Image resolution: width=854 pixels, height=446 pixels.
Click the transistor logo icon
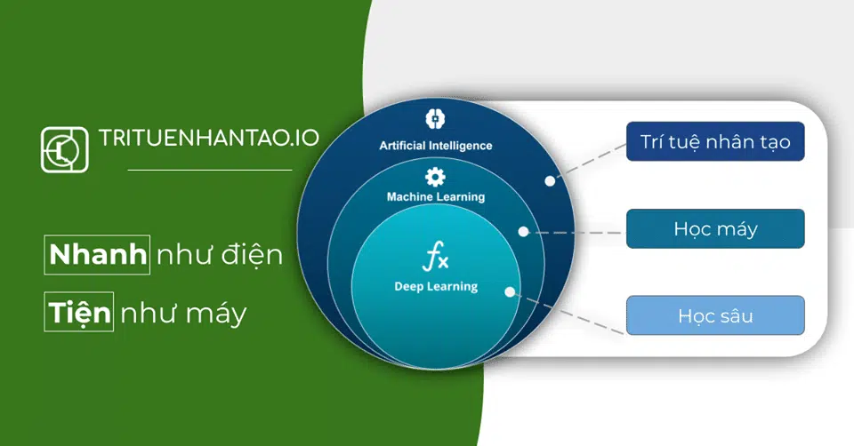coord(64,149)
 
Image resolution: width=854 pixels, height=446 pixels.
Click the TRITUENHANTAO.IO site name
coord(208,138)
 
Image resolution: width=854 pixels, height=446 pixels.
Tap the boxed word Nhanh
coord(97,255)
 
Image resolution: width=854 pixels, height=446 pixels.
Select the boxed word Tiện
coord(79,312)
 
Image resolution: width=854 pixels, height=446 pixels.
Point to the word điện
coord(252,255)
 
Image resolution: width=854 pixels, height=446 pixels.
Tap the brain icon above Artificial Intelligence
coord(435,119)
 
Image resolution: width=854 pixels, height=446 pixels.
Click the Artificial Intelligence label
coord(436,146)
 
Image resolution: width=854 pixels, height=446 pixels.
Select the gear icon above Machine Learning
coord(435,177)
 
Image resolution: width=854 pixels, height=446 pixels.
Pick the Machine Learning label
coord(436,197)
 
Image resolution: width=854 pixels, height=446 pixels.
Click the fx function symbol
coord(435,256)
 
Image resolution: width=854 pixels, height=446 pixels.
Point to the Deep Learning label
coord(436,287)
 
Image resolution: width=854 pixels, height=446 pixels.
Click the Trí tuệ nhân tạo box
coord(715,141)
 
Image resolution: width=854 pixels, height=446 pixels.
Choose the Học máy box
coord(715,228)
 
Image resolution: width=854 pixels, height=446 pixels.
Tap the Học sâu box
coord(715,315)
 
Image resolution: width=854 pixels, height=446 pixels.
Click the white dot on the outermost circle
coord(550,181)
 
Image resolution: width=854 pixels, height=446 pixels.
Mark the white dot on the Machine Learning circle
coord(523,232)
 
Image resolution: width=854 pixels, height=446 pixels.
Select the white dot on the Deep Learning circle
coord(510,292)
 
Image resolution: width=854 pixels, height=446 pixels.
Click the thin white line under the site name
coord(210,171)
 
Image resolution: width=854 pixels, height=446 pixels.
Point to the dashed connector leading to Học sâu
coord(568,314)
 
